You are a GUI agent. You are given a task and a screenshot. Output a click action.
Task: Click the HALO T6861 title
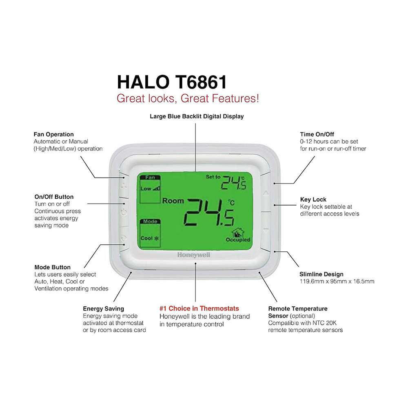(x=172, y=82)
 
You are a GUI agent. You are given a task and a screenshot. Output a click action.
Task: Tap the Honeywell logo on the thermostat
(x=193, y=255)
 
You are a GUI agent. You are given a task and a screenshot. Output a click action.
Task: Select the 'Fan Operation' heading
(x=54, y=134)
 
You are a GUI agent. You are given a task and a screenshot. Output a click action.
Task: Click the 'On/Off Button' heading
(x=54, y=197)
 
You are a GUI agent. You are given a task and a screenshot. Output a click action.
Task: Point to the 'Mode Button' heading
(x=52, y=267)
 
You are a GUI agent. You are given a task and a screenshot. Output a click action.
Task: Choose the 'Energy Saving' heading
(x=103, y=308)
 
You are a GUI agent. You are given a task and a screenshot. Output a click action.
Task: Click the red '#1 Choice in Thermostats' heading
(x=199, y=308)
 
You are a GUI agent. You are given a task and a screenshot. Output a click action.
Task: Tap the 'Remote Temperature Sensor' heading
(x=297, y=312)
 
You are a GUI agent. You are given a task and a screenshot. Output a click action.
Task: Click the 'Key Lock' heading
(x=313, y=200)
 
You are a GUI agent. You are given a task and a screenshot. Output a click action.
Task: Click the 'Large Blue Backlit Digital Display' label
(x=197, y=116)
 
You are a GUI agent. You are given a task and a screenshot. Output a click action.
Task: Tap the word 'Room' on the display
(x=173, y=201)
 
